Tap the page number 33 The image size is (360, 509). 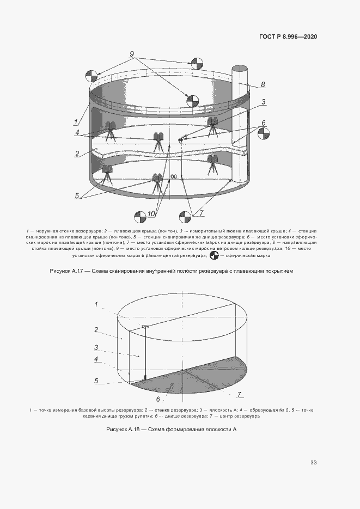click(313, 463)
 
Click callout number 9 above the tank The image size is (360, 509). click(132, 53)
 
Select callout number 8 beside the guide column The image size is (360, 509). click(263, 84)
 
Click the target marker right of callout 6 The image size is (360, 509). click(264, 134)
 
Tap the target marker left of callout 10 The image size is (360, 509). click(141, 216)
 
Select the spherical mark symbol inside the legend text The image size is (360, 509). click(213, 254)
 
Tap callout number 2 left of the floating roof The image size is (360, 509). click(77, 154)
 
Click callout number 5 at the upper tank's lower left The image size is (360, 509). click(77, 195)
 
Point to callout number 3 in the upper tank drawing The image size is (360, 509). click(263, 102)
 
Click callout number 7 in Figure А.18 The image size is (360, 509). click(239, 394)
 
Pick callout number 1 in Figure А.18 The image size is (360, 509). click(96, 305)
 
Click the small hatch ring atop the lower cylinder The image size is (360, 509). click(145, 327)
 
